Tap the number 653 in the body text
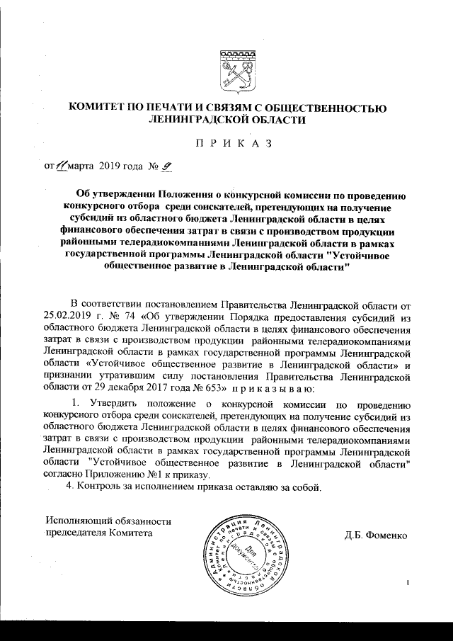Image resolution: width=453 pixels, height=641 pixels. pyautogui.click(x=214, y=387)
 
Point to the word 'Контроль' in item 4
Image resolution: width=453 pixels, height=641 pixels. pyautogui.click(x=100, y=488)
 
